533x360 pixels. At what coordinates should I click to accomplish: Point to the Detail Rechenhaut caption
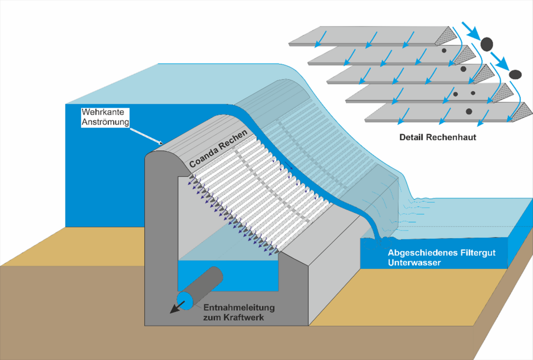[x=438, y=137]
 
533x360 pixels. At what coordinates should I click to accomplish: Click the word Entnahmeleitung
[x=239, y=308]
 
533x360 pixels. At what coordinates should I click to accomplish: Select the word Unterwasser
[x=414, y=263]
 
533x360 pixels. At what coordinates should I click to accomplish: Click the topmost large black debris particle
[x=487, y=43]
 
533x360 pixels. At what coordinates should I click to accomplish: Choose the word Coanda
[x=203, y=158]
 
